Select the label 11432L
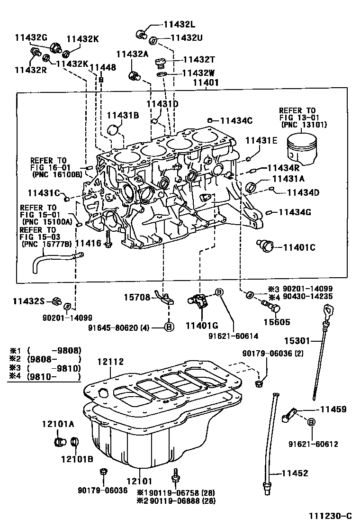click(180, 25)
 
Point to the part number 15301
click(296, 340)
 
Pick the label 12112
click(110, 362)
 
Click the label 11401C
click(299, 247)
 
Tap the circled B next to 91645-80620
click(169, 327)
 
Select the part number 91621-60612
click(313, 444)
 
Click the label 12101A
click(57, 424)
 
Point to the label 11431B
click(122, 115)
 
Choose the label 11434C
click(237, 120)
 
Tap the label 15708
click(137, 298)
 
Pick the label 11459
click(333, 409)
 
